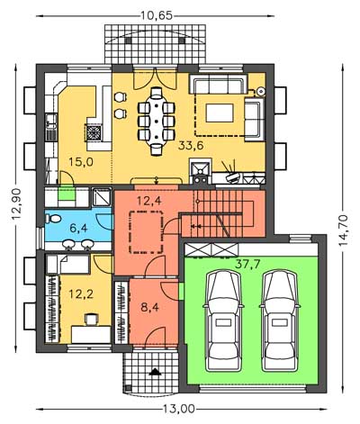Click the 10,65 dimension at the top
[157, 15]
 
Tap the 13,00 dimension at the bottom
[179, 409]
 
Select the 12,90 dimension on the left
[17, 203]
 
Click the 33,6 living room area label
[191, 146]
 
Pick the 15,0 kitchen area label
[81, 162]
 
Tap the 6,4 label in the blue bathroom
[78, 228]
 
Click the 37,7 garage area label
[247, 264]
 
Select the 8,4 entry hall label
[149, 307]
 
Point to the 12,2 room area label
[81, 294]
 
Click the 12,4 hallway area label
[149, 201]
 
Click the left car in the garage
[223, 320]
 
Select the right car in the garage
[280, 320]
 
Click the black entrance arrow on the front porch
[155, 372]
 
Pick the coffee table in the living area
[220, 113]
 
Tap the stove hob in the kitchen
[94, 132]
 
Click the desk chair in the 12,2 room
[92, 320]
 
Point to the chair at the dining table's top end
[157, 93]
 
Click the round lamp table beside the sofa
[261, 90]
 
